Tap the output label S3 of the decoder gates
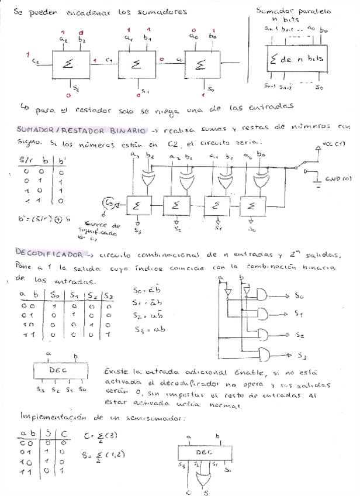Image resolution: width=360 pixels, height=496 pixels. click(302, 355)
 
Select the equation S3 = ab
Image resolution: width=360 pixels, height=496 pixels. click(143, 329)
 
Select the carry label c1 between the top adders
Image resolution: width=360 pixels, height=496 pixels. click(109, 60)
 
